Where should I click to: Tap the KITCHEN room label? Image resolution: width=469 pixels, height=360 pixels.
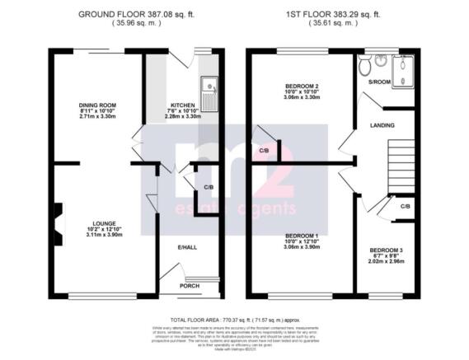182,105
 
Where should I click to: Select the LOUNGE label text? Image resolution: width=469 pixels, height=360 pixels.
103,222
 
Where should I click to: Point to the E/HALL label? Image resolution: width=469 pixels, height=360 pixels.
188,246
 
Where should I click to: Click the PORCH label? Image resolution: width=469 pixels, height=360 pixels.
190,286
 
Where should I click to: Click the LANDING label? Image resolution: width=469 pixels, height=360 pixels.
382,126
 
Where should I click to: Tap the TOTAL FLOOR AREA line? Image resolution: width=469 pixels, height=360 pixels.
233,318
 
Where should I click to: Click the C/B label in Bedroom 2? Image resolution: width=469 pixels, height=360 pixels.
264,151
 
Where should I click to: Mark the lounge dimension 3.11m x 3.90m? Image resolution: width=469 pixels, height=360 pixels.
103,235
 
